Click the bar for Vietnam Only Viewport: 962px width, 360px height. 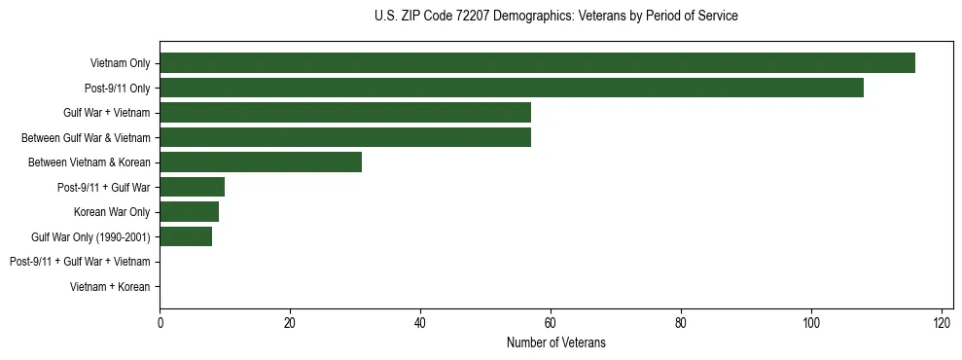537,63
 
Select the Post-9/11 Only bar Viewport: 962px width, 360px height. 512,88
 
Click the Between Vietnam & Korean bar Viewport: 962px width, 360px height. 261,162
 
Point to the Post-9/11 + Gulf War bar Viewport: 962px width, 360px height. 192,187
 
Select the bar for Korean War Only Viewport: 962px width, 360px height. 189,211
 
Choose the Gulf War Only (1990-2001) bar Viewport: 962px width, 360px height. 186,236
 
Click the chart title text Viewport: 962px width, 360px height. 555,17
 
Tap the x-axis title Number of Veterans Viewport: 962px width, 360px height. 555,342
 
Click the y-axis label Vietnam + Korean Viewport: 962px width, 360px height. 110,286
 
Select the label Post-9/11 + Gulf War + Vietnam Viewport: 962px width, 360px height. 80,261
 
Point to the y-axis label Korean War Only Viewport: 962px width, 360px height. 111,211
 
